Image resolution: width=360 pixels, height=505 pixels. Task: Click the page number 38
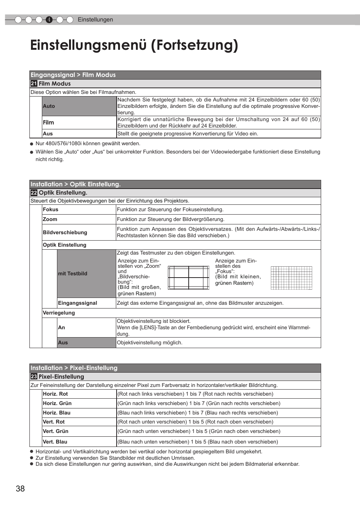click(x=20, y=488)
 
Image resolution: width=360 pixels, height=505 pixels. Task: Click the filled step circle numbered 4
click(x=49, y=20)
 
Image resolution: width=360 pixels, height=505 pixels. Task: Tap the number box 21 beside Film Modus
click(x=34, y=84)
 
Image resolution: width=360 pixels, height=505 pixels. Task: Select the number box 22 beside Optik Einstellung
click(x=34, y=193)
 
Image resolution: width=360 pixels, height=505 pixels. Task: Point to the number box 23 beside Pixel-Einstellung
click(x=34, y=376)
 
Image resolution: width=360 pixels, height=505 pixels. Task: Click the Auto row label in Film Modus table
click(x=49, y=106)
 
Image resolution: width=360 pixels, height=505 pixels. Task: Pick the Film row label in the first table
click(x=48, y=123)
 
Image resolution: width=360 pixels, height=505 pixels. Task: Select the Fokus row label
click(x=51, y=209)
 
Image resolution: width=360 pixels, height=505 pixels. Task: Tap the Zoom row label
click(x=50, y=219)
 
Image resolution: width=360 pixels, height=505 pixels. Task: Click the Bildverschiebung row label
click(x=65, y=232)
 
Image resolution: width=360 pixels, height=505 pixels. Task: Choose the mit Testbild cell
click(x=72, y=273)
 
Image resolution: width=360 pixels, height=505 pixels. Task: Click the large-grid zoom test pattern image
click(x=188, y=278)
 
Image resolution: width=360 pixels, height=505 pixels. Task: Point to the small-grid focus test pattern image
click(x=291, y=278)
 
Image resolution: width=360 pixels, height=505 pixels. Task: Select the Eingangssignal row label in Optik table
click(x=77, y=303)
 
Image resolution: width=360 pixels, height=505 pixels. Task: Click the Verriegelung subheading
click(x=59, y=313)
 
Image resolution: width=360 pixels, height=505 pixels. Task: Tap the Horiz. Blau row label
click(x=57, y=413)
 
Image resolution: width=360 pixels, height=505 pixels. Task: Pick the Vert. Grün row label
click(x=55, y=431)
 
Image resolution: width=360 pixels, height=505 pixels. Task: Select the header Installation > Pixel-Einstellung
click(x=74, y=368)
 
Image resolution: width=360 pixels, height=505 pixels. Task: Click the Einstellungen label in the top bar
click(x=95, y=20)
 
